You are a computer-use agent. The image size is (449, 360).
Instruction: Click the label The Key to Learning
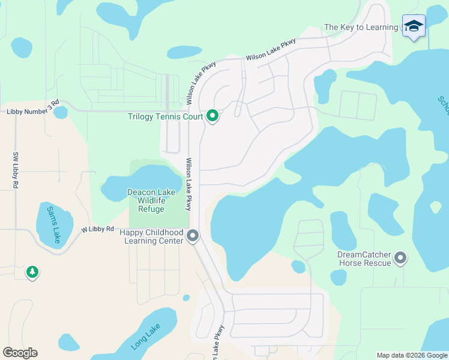click(x=361, y=27)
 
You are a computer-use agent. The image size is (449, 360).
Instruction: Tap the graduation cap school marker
click(x=413, y=26)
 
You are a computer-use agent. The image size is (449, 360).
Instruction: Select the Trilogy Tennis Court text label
click(x=165, y=116)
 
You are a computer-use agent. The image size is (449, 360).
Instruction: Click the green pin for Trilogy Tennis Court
click(x=212, y=115)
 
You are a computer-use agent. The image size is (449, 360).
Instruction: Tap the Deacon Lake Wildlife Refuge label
click(x=151, y=200)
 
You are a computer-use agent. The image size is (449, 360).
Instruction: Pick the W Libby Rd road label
click(x=98, y=229)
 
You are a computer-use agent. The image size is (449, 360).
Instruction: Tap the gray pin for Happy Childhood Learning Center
click(x=193, y=236)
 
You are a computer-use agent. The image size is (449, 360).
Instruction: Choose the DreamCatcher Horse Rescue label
click(x=364, y=259)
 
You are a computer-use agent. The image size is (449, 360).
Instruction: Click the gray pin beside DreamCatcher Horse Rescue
click(x=400, y=259)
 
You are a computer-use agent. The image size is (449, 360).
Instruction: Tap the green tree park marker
click(x=32, y=272)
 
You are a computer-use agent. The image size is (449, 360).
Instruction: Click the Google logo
click(x=20, y=353)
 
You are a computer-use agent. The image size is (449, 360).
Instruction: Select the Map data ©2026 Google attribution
click(x=412, y=355)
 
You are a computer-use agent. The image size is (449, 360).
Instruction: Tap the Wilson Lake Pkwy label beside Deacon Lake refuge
click(x=188, y=184)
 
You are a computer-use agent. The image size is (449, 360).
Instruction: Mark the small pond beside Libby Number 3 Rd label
click(x=61, y=112)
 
